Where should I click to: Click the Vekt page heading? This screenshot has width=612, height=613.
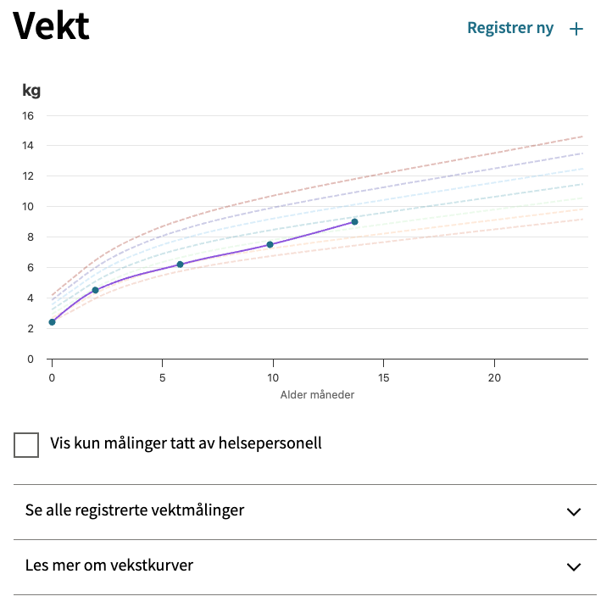(52, 26)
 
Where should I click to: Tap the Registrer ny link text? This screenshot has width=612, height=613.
(510, 28)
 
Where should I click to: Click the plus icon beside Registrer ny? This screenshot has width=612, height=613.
(576, 29)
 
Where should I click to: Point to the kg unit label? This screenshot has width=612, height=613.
(31, 90)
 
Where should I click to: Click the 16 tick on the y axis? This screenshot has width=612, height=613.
(27, 115)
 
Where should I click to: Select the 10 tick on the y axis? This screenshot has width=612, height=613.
(27, 206)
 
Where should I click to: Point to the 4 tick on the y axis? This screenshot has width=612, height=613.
(30, 298)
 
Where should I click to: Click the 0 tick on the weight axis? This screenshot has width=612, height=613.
(30, 359)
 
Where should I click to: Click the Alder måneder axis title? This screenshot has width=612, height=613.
(317, 394)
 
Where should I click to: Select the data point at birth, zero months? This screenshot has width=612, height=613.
(52, 322)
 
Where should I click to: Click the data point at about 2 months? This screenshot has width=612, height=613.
(95, 290)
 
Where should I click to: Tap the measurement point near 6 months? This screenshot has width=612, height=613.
(180, 265)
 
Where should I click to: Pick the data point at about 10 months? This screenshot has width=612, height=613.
(270, 244)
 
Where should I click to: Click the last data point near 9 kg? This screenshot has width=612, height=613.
(354, 221)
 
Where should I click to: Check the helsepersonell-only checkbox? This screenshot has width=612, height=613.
(26, 444)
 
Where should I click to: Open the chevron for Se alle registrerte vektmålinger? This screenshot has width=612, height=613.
(574, 511)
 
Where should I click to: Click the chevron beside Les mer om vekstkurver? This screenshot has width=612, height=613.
(574, 566)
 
